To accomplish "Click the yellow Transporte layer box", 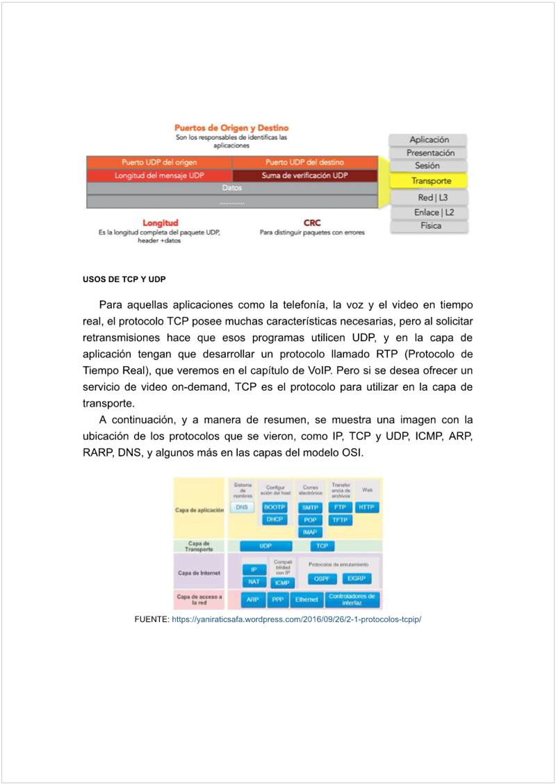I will (430, 181).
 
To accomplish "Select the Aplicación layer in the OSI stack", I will (429, 140).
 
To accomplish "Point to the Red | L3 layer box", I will (430, 198).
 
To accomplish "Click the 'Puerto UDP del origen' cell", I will (159, 163).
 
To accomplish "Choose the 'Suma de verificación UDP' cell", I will (304, 176).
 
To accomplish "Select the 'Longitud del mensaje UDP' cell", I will (159, 176).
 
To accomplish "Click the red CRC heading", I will (312, 223).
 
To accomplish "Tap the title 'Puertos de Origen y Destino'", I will (231, 128).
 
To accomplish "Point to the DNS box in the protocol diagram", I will (242, 507).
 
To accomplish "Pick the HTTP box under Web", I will (366, 507).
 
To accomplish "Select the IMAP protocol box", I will (309, 532).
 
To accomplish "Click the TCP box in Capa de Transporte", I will (322, 546).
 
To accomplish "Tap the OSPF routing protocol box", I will (321, 578).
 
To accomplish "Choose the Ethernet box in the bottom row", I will (306, 599).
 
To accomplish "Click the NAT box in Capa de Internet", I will (254, 582).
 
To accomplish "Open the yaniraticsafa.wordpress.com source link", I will (297, 619).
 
